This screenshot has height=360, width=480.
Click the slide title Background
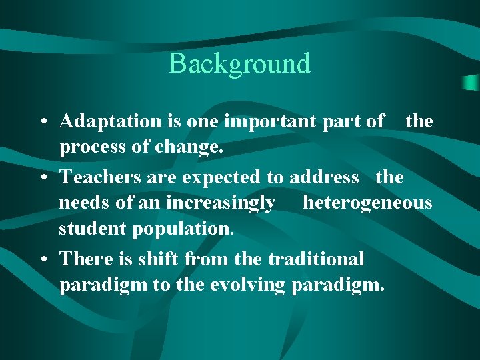[240, 64]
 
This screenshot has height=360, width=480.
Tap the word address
[324, 177]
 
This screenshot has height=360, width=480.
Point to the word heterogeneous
[367, 202]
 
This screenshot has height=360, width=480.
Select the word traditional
[315, 259]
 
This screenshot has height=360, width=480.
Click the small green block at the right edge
[471, 83]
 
